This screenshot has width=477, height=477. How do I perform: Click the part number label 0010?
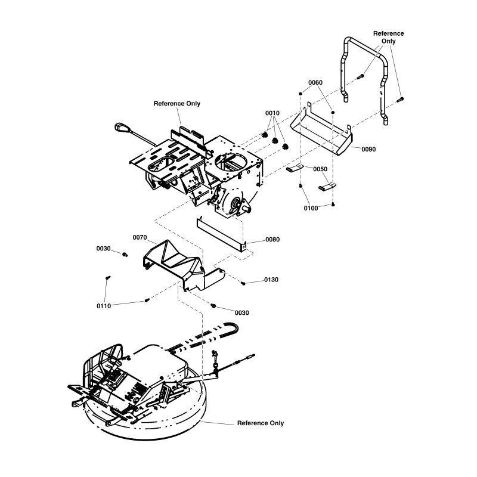point(272,113)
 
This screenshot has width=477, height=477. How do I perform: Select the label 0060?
point(315,82)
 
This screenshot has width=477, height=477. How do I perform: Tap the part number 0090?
point(368,149)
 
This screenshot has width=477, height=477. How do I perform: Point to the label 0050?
point(320,169)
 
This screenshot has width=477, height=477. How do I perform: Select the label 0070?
point(140,237)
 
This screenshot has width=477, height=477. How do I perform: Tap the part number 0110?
point(104,306)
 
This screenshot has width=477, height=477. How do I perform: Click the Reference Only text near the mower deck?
point(261,423)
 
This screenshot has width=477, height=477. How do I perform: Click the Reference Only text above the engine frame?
point(177,103)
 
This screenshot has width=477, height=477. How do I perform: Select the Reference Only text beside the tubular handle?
point(388,37)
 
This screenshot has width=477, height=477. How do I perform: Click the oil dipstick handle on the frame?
point(123,127)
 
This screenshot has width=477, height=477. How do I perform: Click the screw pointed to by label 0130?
point(244,283)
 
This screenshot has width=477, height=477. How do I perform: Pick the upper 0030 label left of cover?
point(104,248)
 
